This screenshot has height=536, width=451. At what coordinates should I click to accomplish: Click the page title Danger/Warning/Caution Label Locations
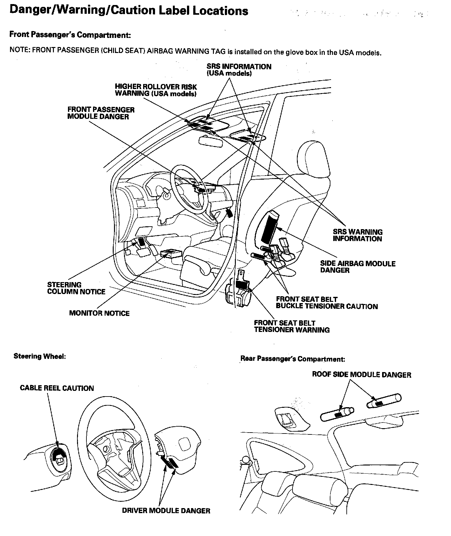(129, 11)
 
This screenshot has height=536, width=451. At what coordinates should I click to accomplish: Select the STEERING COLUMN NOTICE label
(76, 288)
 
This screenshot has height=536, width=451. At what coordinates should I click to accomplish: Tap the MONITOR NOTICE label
(99, 313)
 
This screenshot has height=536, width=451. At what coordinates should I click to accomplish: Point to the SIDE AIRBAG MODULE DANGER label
(358, 267)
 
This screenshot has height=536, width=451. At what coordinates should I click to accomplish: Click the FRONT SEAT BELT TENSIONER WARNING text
(292, 326)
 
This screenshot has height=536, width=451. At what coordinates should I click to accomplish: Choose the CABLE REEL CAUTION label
(57, 388)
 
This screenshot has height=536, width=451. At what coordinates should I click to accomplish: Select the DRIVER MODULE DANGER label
(166, 511)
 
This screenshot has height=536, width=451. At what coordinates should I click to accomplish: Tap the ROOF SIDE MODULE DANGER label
(361, 375)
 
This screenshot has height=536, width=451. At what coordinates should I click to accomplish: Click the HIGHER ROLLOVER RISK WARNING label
(156, 90)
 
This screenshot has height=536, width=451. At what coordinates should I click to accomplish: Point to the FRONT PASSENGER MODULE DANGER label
(101, 113)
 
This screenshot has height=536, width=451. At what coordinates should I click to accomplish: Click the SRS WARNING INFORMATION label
(357, 235)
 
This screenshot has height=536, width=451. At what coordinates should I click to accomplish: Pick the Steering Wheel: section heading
(40, 356)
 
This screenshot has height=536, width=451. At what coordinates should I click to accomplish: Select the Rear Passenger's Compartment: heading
(293, 359)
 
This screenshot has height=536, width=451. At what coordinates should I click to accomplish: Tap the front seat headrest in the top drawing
(314, 157)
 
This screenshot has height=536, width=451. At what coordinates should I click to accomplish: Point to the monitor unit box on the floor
(171, 253)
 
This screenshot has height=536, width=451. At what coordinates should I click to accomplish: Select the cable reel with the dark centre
(59, 456)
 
